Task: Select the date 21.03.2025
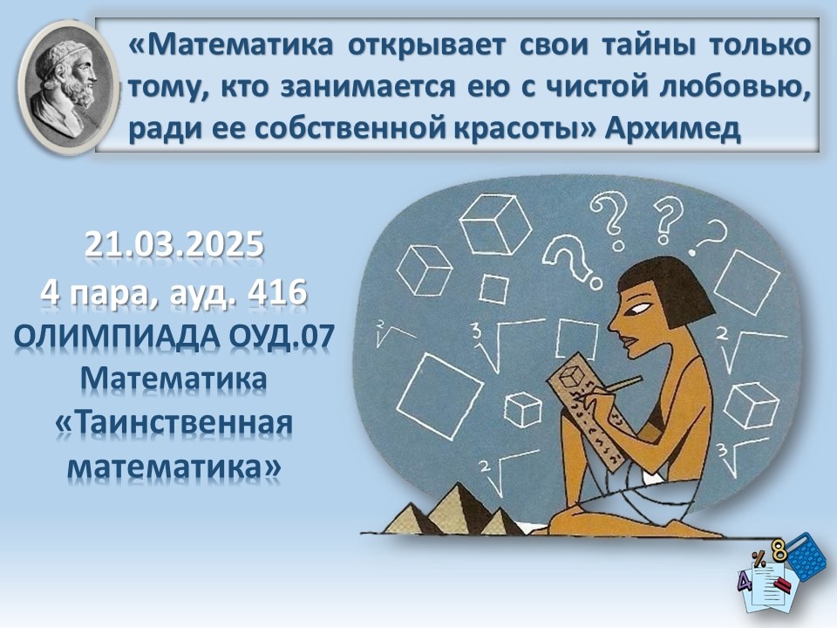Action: click(x=174, y=244)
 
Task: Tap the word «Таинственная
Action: click(x=174, y=423)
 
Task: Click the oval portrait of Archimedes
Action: click(x=68, y=88)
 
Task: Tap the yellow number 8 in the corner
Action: click(x=779, y=550)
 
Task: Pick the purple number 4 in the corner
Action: click(x=745, y=581)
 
